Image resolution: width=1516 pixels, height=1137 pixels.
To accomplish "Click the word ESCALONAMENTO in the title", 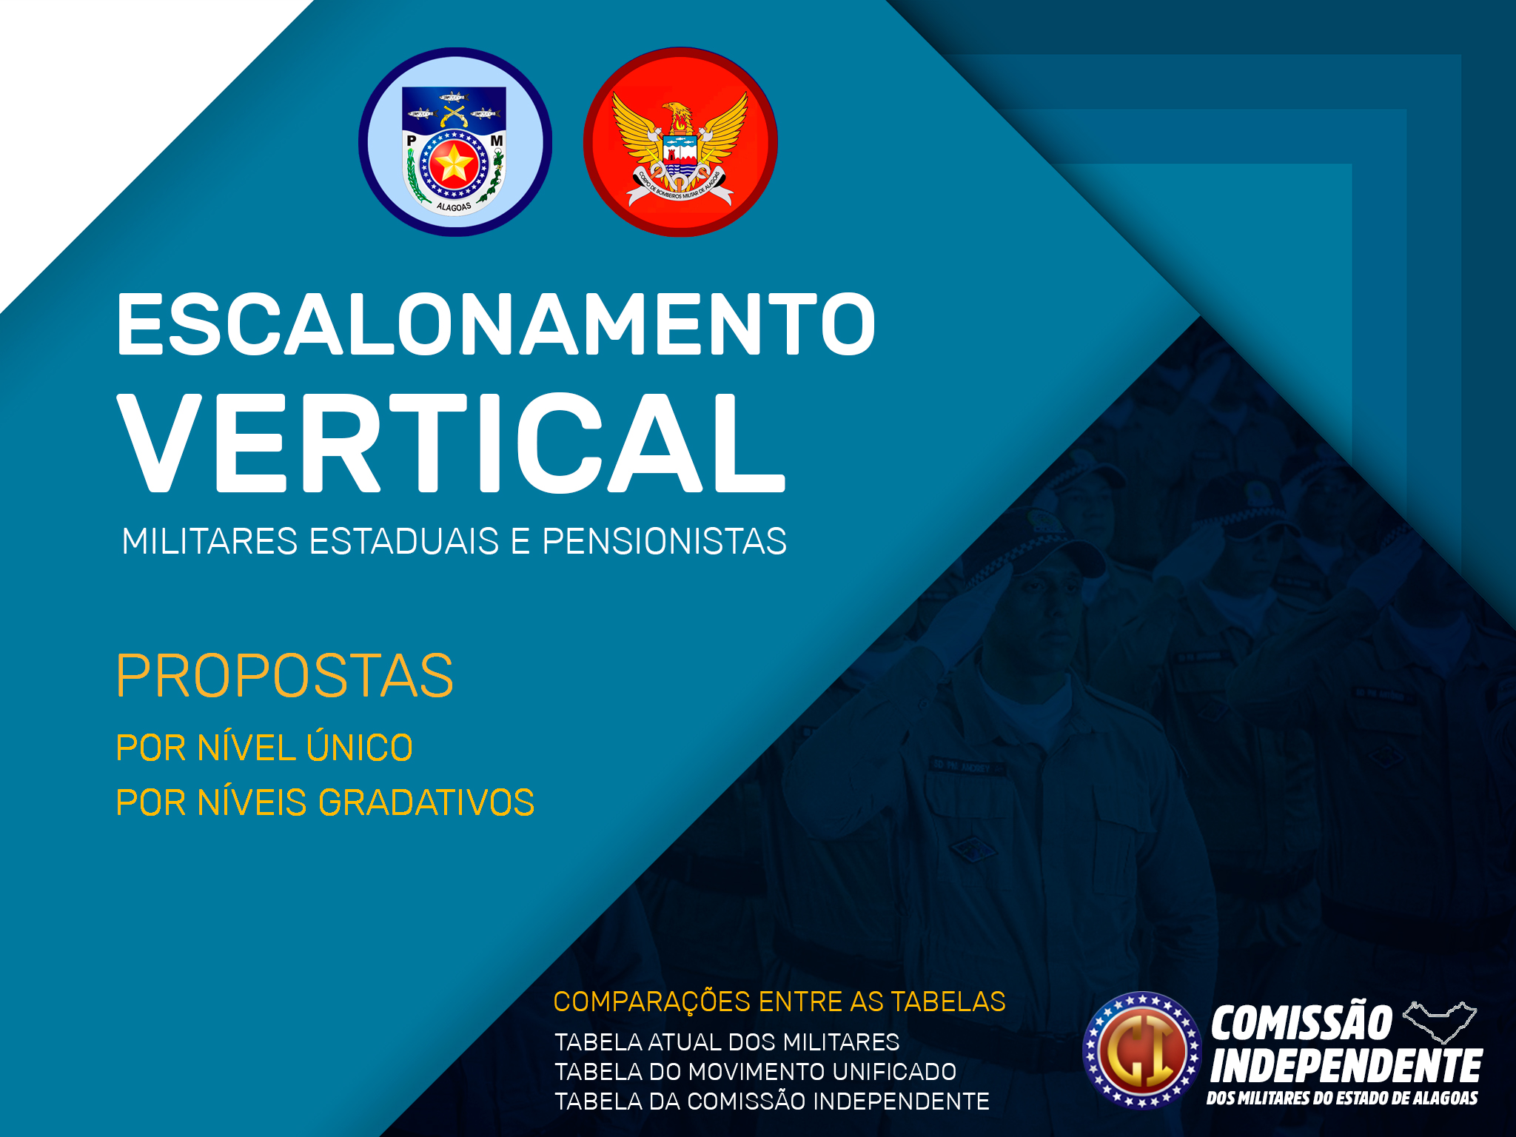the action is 496,323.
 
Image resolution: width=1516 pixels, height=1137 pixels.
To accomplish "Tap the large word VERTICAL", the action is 451,443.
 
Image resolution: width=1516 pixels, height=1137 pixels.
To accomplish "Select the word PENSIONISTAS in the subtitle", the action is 664,541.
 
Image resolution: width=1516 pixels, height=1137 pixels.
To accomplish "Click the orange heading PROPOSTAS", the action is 284,676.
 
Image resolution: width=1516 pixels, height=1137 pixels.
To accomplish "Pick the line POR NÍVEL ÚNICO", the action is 264,747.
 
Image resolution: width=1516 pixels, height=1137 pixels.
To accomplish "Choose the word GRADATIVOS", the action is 426,802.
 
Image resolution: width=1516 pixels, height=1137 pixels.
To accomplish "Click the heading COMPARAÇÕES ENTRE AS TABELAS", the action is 779,1002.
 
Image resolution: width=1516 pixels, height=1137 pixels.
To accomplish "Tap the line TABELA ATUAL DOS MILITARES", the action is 727,1042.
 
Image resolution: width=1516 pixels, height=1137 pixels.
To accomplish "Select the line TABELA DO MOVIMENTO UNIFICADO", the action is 756,1072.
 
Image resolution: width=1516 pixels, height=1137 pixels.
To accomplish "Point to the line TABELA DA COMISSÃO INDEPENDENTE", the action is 772,1101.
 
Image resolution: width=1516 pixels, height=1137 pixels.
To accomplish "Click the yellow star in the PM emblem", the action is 452,163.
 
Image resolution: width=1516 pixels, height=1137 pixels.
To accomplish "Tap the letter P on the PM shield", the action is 412,141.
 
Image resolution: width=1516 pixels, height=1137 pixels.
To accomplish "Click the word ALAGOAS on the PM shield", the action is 454,207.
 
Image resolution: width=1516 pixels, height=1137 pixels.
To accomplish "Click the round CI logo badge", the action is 1142,1050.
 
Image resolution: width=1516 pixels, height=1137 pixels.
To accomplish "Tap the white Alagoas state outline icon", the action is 1440,1022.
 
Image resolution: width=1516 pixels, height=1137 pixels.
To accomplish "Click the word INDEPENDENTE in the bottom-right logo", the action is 1346,1067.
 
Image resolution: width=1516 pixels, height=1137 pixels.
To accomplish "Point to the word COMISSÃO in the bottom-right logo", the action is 1302,1023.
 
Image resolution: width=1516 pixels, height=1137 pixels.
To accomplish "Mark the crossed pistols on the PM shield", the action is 453,115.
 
